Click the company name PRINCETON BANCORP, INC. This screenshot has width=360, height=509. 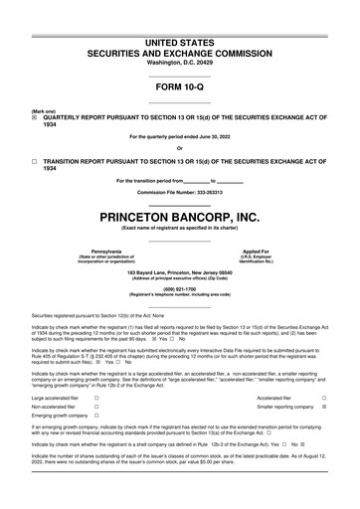179,216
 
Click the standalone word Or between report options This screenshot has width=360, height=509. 179,148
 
